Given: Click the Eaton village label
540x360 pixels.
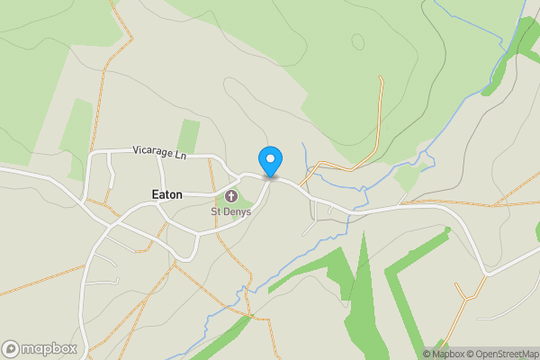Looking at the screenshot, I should [166, 194].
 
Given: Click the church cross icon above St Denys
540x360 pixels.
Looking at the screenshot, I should [229, 196].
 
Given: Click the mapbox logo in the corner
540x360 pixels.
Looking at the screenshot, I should [39, 348].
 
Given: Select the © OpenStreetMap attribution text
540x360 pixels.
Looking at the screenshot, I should [498, 353].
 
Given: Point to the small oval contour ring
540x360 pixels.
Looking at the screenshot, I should [358, 41].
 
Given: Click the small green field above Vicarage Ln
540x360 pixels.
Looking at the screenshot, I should [189, 135].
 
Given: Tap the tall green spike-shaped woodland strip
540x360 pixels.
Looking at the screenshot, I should [362, 288].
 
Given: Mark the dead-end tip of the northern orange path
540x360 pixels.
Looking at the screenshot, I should [381, 78].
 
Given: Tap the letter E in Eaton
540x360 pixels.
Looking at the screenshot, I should [154, 194].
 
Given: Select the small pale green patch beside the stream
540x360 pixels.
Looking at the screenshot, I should [408, 178].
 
